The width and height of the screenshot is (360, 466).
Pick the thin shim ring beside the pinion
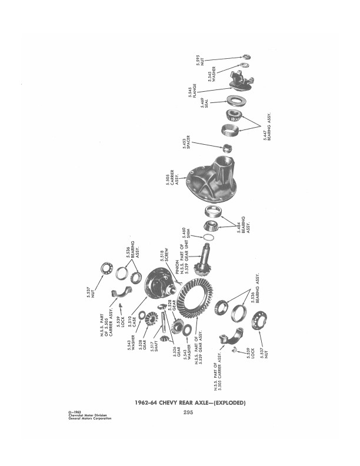pyautogui.click(x=208, y=237)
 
